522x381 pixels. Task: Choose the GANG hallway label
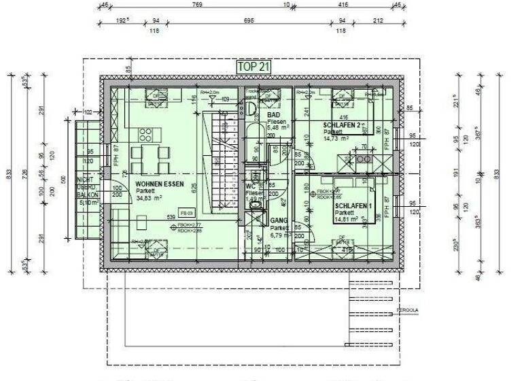279,221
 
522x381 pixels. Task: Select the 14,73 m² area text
336,138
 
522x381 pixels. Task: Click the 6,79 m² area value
279,235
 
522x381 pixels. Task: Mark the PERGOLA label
407,310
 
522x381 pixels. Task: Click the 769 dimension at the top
197,5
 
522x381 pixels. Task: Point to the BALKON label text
87,195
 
